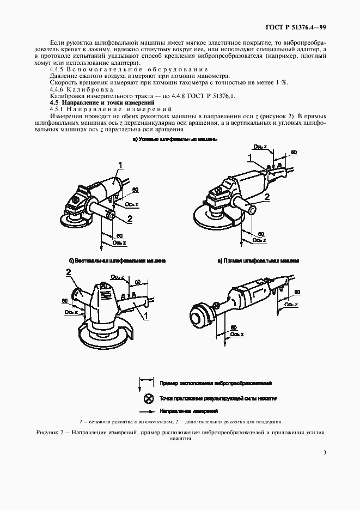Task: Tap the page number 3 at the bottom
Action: click(324, 452)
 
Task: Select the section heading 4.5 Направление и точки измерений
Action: click(102, 102)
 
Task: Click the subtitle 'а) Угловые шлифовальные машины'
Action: click(175, 139)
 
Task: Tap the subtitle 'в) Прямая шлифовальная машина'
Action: click(258, 261)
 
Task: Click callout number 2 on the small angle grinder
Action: click(130, 219)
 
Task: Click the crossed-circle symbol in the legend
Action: click(145, 398)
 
